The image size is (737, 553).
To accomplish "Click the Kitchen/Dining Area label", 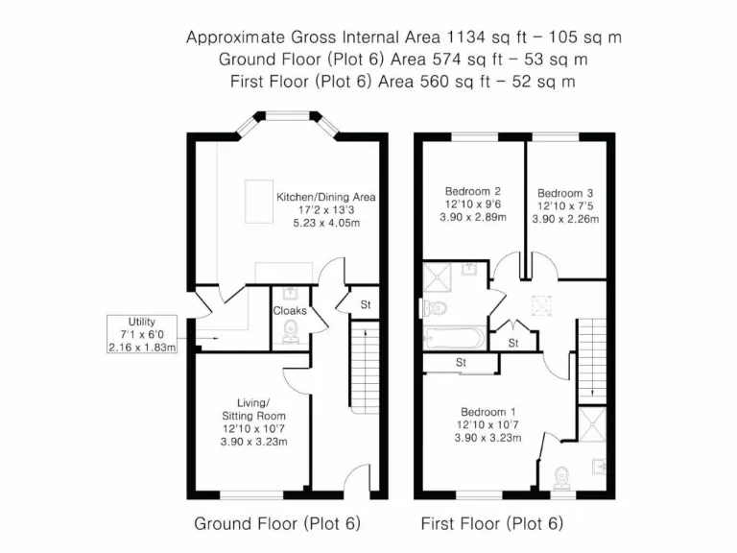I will pos(326,197).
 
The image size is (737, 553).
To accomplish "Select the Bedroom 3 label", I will pos(565,191).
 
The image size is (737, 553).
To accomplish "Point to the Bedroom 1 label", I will pos(487,410).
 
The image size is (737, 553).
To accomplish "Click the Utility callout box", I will pos(142,333).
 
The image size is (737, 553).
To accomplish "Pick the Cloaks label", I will pos(290,310).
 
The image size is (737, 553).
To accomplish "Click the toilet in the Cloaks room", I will pos(291,332).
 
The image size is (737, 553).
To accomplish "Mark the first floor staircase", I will pos(591,356).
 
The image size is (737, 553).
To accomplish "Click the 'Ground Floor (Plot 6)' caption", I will pos(277,524).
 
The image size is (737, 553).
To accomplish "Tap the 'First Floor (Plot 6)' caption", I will pos(492,524).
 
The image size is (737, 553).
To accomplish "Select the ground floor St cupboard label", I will pos(366,305).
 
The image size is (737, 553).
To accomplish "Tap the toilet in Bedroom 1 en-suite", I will pos(563,476).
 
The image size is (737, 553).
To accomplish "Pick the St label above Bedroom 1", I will pos(461,363).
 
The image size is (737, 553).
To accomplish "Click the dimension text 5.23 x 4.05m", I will pos(326,223).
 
